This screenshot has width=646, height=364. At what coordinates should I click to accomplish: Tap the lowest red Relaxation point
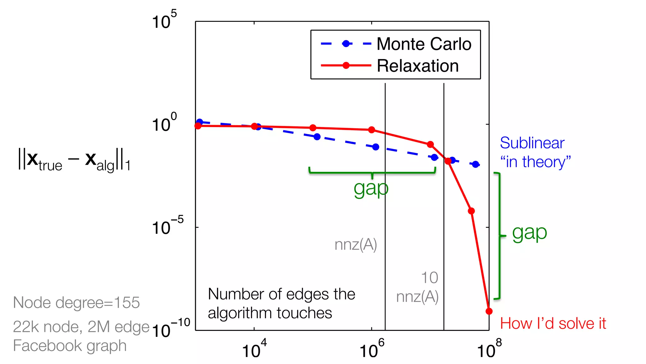tap(489, 311)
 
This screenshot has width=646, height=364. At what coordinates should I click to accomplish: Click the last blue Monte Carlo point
tap(476, 164)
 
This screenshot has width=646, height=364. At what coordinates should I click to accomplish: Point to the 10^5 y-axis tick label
tap(164, 21)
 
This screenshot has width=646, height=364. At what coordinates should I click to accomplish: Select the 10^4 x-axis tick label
tap(254, 349)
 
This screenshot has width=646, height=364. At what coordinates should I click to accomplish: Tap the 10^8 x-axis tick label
tap(489, 349)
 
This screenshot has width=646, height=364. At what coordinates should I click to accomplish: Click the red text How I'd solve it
tap(553, 324)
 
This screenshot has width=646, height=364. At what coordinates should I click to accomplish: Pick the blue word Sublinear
tap(532, 143)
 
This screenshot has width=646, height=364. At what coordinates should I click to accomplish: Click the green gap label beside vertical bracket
tap(529, 233)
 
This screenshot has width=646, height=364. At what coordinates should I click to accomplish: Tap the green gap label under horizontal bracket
tap(371, 189)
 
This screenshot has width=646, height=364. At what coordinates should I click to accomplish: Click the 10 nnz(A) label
tap(418, 287)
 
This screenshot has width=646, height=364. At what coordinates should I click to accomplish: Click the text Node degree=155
tap(76, 303)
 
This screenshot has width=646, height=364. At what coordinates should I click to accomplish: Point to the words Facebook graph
tap(70, 345)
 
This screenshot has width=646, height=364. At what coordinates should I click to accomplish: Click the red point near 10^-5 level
tap(471, 211)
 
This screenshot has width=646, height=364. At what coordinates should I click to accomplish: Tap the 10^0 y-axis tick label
tap(164, 123)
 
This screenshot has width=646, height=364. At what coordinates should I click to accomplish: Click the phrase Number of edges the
tap(281, 294)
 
